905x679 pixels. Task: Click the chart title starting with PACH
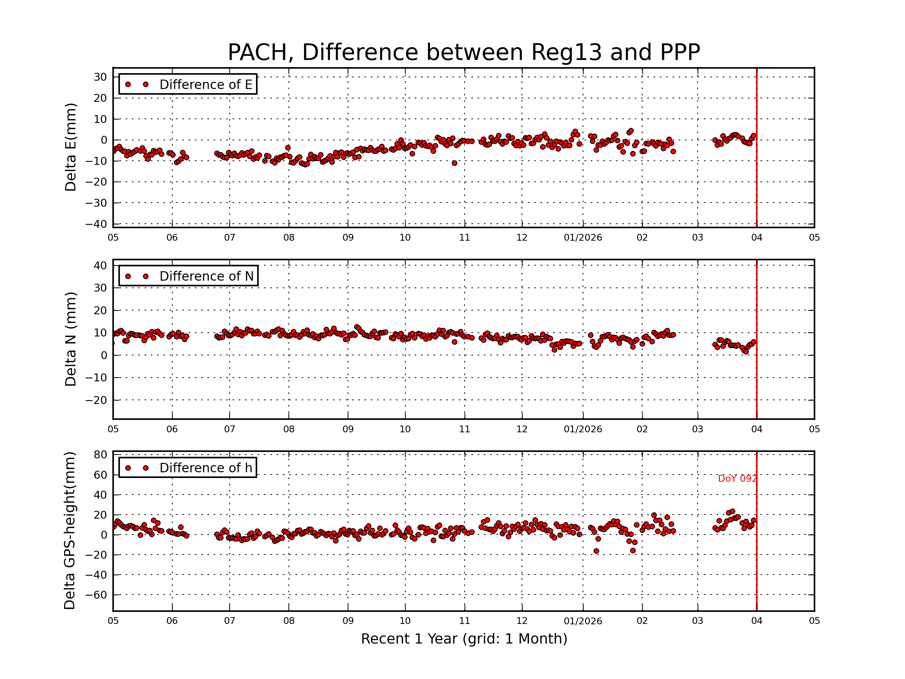(x=463, y=52)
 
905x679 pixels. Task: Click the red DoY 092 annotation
(x=737, y=478)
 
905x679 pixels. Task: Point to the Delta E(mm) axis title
(x=71, y=147)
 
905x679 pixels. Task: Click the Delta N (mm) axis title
(x=71, y=339)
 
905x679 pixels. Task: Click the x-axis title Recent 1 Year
(x=463, y=639)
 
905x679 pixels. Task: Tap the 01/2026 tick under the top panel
(x=583, y=238)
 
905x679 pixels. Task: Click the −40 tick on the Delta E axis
(x=96, y=224)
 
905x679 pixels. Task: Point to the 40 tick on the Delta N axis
(x=100, y=266)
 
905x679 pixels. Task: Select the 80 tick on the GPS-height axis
(x=100, y=455)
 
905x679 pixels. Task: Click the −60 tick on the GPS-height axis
(x=96, y=595)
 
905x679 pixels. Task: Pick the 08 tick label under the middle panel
(x=288, y=429)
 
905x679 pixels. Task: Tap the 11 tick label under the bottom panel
(x=464, y=621)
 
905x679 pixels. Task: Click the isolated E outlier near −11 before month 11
(x=454, y=163)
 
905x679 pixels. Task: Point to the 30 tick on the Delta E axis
(x=100, y=77)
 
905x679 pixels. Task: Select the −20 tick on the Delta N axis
(x=96, y=400)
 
